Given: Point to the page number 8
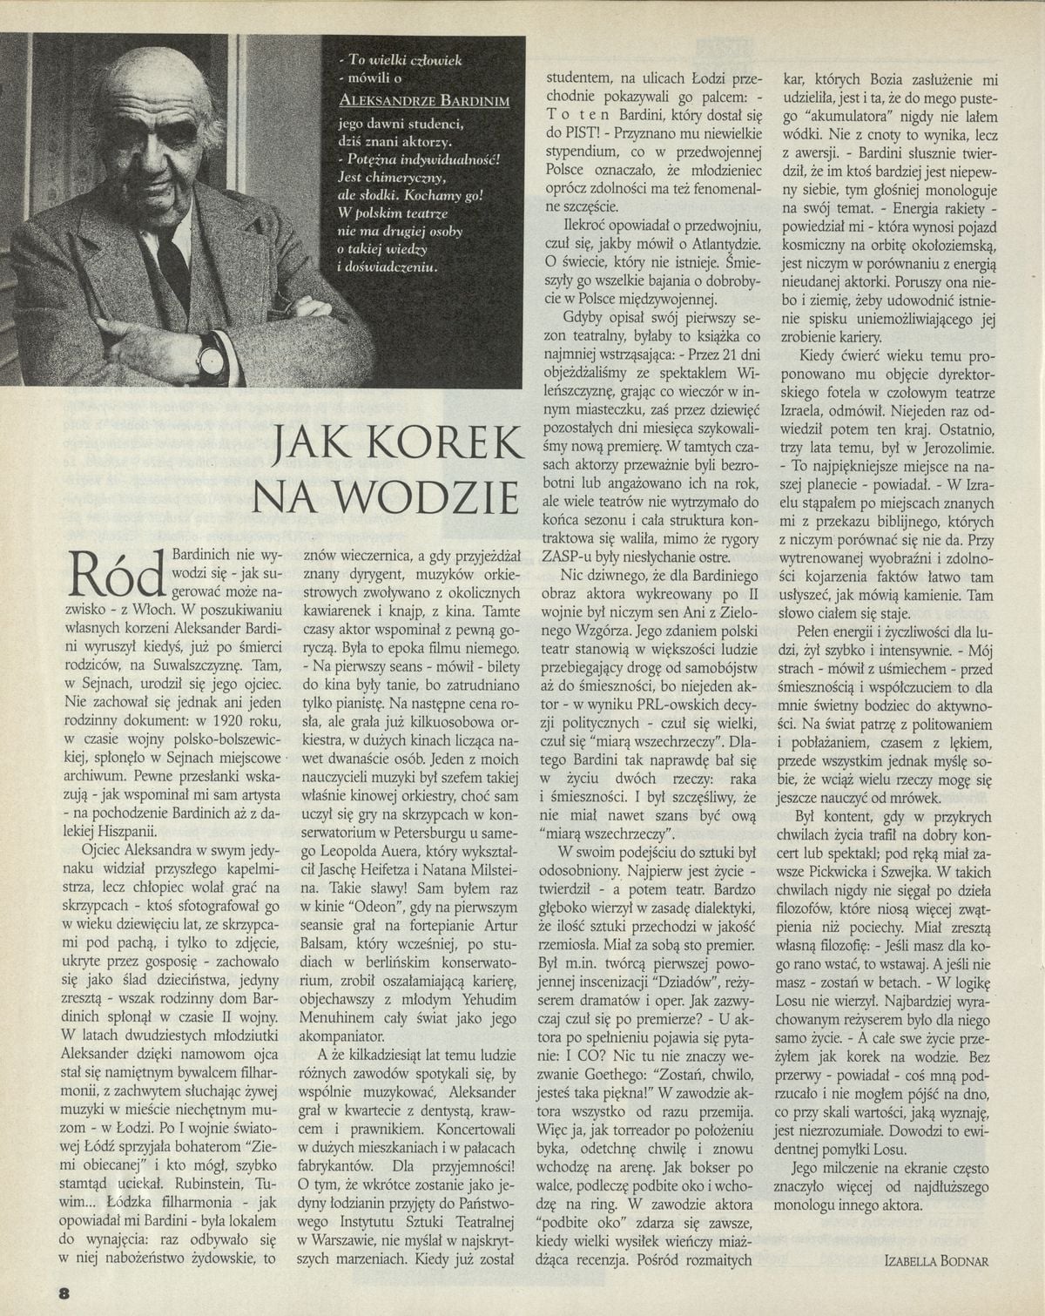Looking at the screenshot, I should (64, 1292).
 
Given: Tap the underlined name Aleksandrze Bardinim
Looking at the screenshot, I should (423, 101).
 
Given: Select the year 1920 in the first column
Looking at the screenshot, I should (226, 720).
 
